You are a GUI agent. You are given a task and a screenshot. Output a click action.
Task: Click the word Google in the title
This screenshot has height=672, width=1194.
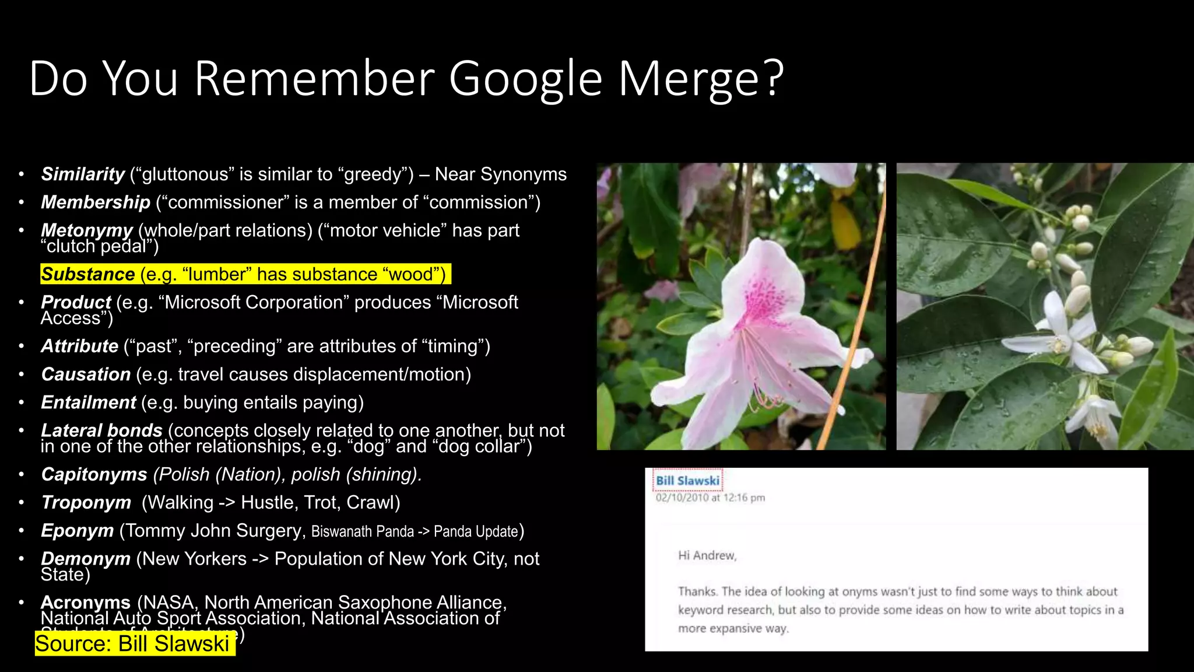click(x=525, y=79)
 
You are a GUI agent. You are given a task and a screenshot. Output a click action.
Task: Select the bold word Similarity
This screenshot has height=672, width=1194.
click(x=83, y=174)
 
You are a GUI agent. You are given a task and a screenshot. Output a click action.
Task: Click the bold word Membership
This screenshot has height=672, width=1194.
click(x=96, y=202)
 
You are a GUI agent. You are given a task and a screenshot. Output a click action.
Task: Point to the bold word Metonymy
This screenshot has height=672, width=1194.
click(x=87, y=230)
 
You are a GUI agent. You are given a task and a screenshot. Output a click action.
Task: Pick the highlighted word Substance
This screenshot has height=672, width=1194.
click(x=88, y=274)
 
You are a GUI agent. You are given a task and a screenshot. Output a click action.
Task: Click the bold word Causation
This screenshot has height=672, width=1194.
click(x=86, y=374)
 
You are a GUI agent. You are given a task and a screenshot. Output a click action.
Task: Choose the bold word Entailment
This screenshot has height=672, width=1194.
click(x=89, y=402)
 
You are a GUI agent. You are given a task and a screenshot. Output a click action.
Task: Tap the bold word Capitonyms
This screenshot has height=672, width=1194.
click(x=94, y=474)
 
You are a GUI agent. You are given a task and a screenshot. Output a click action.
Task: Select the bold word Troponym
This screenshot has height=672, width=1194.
click(x=86, y=502)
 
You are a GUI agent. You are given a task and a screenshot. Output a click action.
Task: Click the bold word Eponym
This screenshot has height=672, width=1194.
click(x=78, y=530)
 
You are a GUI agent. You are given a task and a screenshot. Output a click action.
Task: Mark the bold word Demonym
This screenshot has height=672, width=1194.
click(x=86, y=558)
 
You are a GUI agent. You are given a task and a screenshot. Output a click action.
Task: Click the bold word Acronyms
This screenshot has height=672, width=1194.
click(x=86, y=602)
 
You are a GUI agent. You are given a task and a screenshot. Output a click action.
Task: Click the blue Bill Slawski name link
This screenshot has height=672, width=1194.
click(x=687, y=481)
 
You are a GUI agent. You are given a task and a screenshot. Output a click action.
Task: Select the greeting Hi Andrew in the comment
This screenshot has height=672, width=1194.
click(x=707, y=555)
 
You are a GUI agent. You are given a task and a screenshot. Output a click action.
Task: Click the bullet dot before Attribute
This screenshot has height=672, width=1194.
click(x=22, y=346)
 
